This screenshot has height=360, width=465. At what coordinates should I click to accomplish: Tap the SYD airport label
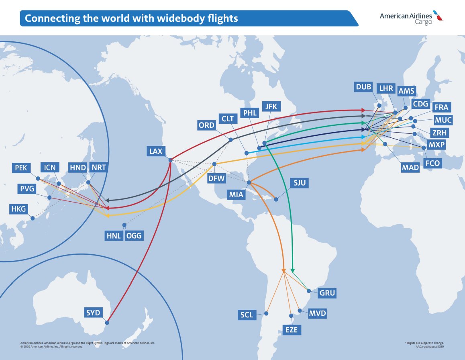point(93,313)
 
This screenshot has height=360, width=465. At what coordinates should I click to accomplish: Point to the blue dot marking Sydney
point(107,322)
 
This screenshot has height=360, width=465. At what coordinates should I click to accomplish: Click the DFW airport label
point(216,178)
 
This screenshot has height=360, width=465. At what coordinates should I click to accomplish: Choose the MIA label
point(237,195)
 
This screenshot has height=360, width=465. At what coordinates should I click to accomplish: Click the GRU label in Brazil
point(327,293)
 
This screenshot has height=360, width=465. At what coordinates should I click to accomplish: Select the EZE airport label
point(292,330)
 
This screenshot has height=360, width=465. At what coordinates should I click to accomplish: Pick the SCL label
point(247,315)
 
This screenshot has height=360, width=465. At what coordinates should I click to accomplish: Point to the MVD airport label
point(318,313)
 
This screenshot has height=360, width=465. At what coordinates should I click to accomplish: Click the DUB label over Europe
point(363,87)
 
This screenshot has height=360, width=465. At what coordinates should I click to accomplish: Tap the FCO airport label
point(432,163)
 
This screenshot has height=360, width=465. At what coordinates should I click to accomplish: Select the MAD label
point(410,168)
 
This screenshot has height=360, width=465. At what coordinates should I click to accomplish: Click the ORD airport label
point(206,125)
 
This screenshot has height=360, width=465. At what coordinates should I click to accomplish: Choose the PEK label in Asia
point(21,168)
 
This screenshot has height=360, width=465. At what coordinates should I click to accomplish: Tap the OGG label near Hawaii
point(134,236)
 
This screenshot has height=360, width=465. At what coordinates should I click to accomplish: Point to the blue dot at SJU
point(275,199)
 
